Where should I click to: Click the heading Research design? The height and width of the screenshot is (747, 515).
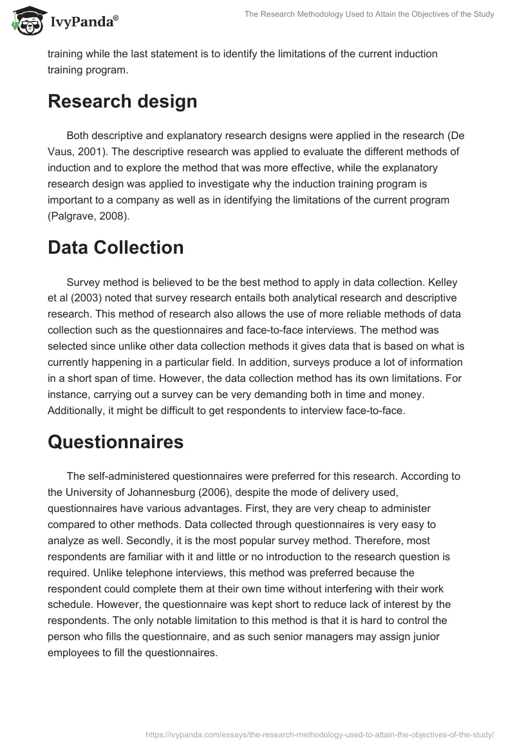tap(122, 101)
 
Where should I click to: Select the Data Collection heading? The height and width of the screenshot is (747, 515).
tap(116, 247)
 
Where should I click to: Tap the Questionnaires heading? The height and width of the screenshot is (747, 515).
tap(116, 442)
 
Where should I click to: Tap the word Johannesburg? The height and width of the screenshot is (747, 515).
tap(151, 493)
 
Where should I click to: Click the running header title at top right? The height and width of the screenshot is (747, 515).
tap(369, 14)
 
